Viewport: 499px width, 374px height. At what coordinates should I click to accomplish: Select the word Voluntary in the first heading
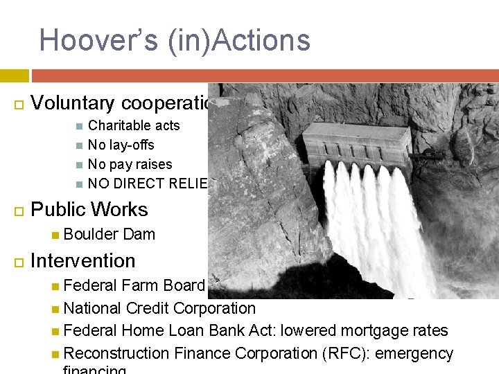click(73, 103)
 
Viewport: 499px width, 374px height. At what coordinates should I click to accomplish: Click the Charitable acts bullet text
click(134, 125)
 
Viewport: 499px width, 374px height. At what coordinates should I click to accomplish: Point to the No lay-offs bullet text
click(121, 145)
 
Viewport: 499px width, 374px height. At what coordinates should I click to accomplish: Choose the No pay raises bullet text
click(130, 164)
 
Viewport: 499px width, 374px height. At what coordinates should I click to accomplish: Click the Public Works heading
click(89, 210)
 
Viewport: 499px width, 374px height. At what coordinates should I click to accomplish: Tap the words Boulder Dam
click(109, 234)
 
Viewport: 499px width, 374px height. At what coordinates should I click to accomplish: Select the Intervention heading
click(83, 261)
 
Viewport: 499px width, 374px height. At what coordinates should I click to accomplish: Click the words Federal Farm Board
click(134, 285)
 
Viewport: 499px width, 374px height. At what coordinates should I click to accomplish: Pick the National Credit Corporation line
click(159, 308)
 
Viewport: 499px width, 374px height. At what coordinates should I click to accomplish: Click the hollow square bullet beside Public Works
click(18, 211)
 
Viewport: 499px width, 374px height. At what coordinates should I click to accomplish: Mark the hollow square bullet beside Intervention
click(18, 262)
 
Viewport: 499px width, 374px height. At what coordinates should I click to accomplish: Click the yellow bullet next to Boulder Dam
click(55, 235)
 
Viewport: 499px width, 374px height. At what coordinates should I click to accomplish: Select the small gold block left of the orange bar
click(14, 75)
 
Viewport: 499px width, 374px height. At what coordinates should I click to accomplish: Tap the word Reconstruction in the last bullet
click(116, 354)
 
